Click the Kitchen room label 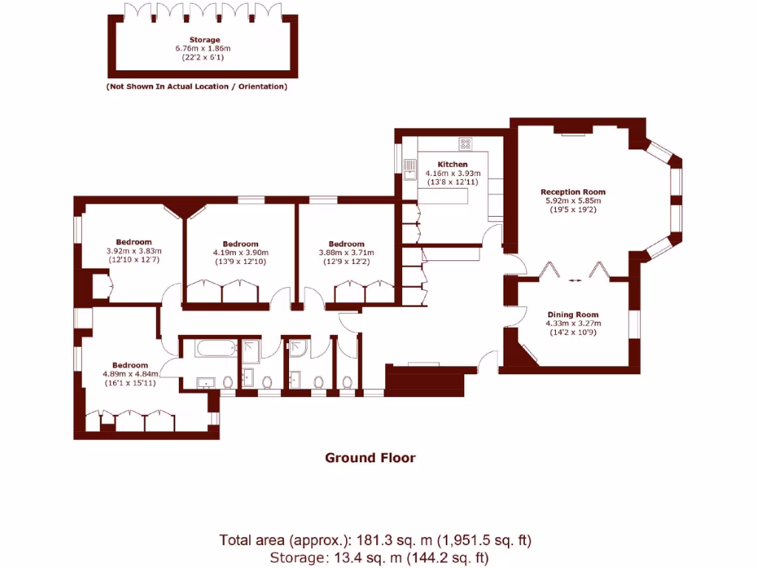point(452,164)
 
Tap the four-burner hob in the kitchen point(466,143)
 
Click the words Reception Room point(573,192)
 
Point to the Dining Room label point(573,314)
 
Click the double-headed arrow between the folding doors point(574,280)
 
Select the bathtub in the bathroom point(216,348)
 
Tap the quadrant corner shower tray point(299,347)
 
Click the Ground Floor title point(370,458)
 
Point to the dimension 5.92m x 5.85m point(573,200)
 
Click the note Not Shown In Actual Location point(197,87)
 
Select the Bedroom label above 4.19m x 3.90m point(240,244)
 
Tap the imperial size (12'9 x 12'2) point(346,261)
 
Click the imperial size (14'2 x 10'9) point(573,331)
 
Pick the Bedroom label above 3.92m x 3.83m point(134,242)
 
